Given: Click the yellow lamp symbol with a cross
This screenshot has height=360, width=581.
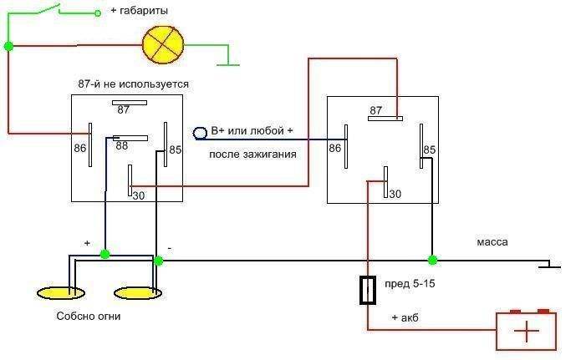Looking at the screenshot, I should [x=163, y=44].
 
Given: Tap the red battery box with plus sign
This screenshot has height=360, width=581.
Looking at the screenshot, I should [x=527, y=331].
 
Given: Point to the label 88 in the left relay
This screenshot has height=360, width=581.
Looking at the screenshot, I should [x=122, y=145].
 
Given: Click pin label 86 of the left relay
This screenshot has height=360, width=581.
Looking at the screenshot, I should [x=79, y=147].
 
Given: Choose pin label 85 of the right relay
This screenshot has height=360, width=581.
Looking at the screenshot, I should [x=430, y=150].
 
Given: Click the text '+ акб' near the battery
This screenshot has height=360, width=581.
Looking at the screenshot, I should [x=405, y=318].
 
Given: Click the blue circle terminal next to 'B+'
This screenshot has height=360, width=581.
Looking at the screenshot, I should [x=201, y=133].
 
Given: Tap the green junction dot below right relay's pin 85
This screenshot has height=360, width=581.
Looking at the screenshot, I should [x=431, y=260].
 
